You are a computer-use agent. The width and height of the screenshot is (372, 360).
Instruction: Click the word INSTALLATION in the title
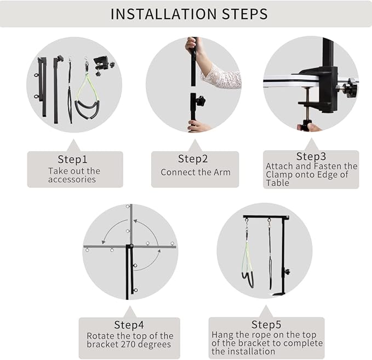pos(163,14)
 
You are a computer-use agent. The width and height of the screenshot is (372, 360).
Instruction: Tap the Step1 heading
pos(73,159)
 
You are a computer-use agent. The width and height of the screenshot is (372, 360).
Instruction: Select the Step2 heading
pos(193,159)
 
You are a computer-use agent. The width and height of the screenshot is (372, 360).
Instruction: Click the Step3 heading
pos(311,156)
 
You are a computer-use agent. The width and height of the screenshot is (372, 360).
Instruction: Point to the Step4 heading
pos(129,325)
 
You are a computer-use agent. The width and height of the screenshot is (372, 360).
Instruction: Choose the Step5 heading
pos(266,324)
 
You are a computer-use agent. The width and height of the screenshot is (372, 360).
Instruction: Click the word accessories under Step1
pos(72,179)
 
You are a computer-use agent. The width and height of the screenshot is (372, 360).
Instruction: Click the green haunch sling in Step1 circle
pos(87,95)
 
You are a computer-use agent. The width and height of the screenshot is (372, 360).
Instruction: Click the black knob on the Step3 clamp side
pos(350,88)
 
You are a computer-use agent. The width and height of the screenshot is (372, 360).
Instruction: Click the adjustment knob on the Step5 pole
pos(287,271)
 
